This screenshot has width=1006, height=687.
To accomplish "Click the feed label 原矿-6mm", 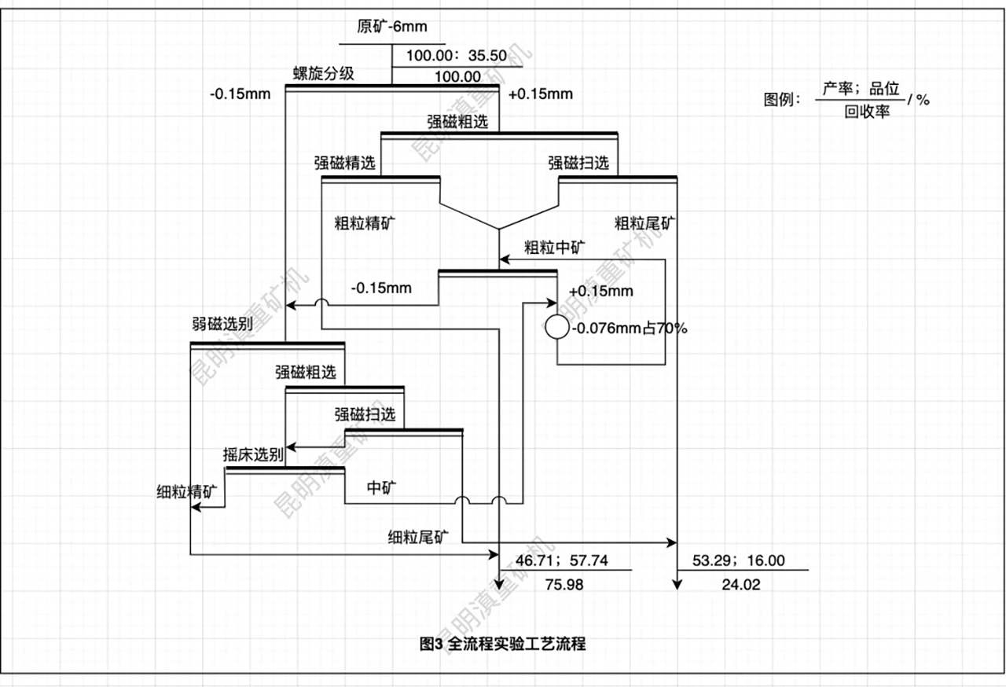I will [x=392, y=27].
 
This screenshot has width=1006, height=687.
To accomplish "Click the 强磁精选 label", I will [x=345, y=163].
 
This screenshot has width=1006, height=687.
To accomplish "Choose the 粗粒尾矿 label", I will [x=644, y=222].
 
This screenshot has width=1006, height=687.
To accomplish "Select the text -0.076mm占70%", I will [x=630, y=329].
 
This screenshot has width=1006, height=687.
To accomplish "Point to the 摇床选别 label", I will [x=253, y=454].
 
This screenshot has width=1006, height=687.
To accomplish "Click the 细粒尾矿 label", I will [x=419, y=538].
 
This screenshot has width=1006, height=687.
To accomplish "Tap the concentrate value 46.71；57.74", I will [x=558, y=560].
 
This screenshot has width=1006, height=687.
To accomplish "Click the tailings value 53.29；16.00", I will [x=739, y=560].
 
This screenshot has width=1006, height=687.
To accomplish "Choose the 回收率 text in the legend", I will [x=868, y=112].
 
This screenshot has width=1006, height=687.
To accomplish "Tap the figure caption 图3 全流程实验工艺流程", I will [x=503, y=645].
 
